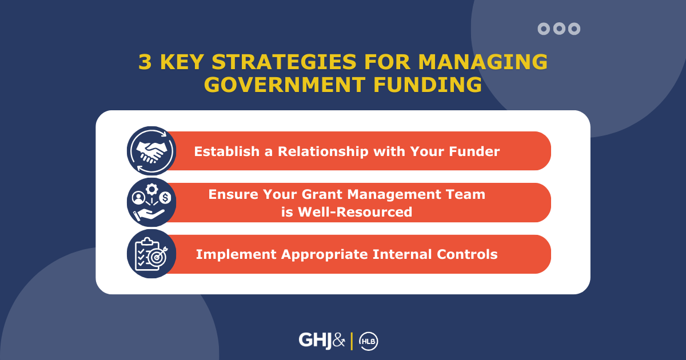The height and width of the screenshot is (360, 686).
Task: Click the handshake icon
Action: pyautogui.click(x=151, y=151)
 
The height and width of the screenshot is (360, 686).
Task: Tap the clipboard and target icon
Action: pyautogui.click(x=151, y=254)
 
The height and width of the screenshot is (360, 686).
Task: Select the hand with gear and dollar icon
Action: pyautogui.click(x=151, y=203)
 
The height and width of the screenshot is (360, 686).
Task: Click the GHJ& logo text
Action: pyautogui.click(x=322, y=341)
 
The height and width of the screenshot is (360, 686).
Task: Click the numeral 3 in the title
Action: pyautogui.click(x=145, y=62)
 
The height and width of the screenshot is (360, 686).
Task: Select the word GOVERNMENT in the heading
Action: pyautogui.click(x=280, y=85)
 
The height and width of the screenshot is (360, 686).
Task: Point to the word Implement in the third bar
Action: pyautogui.click(x=236, y=255)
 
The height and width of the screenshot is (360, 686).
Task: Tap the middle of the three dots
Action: pyautogui.click(x=559, y=29)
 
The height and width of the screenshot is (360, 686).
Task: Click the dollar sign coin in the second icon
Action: pyautogui.click(x=166, y=198)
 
